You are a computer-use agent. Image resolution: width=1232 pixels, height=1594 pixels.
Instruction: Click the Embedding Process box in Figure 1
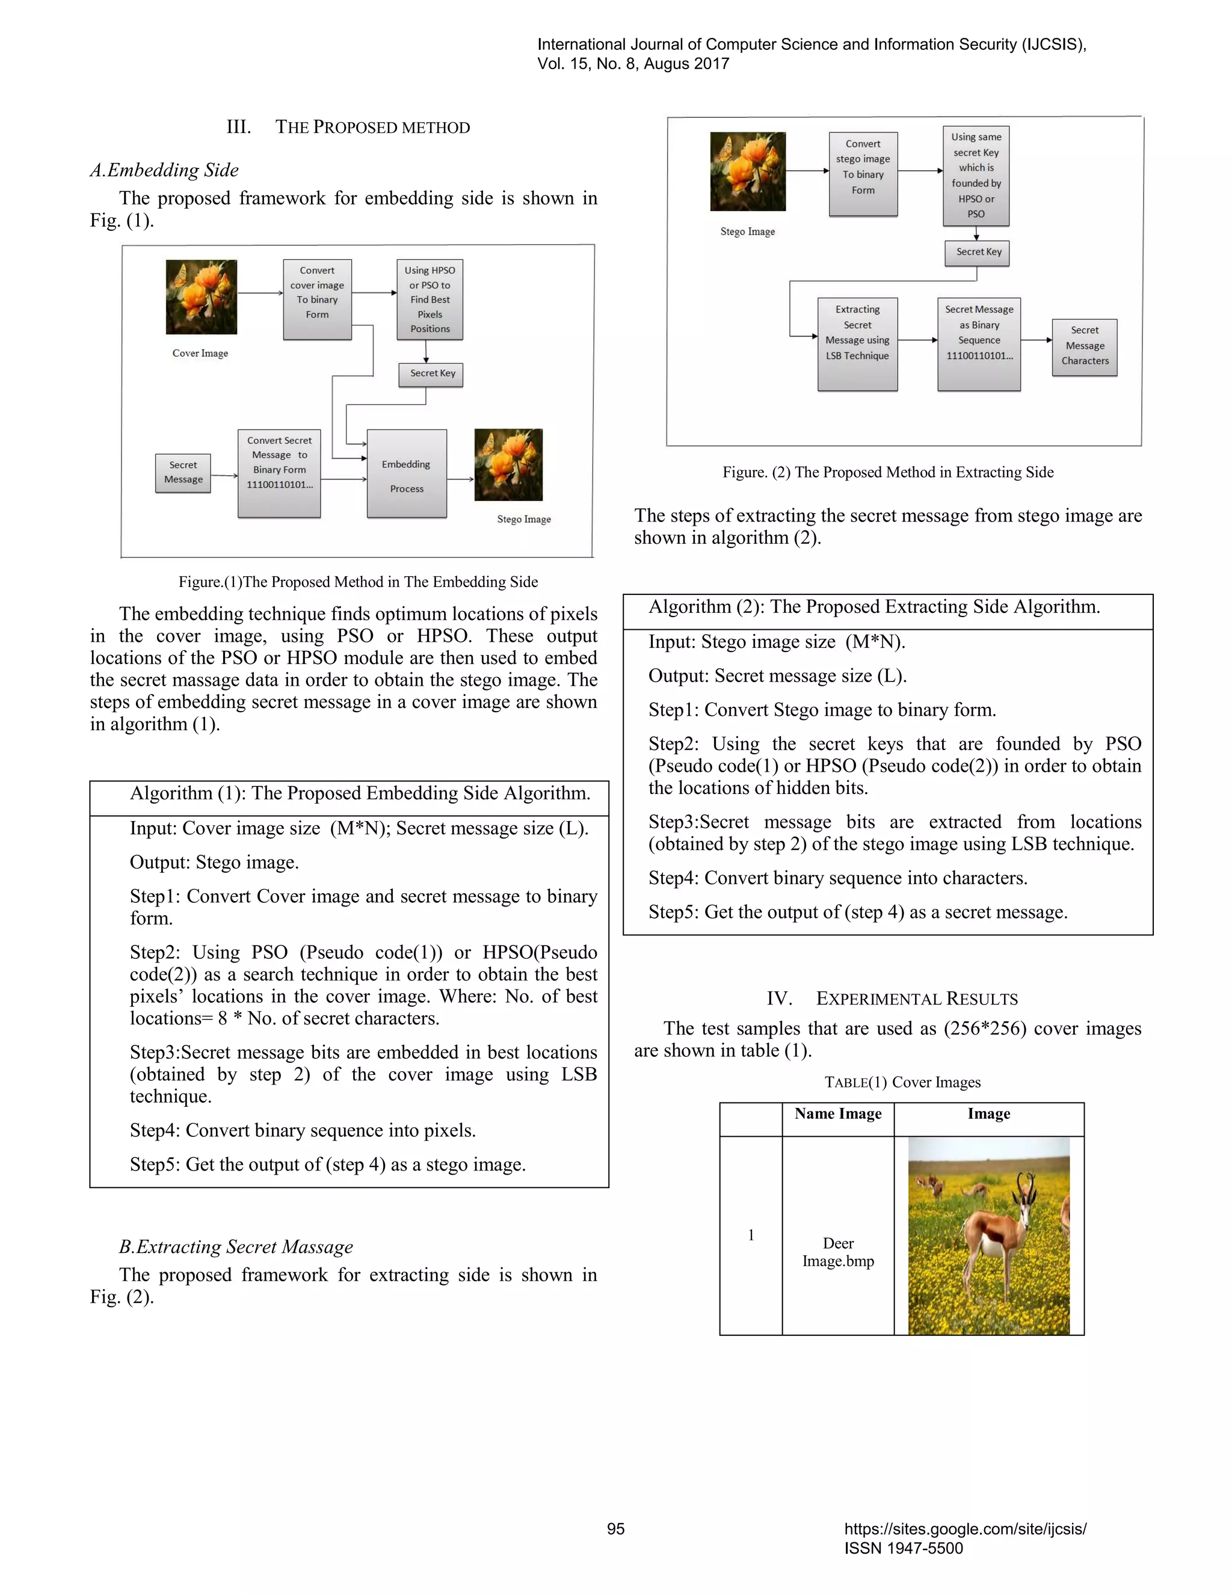pyautogui.click(x=407, y=475)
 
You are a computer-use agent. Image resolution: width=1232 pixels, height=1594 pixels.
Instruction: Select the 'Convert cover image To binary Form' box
pyautogui.click(x=317, y=299)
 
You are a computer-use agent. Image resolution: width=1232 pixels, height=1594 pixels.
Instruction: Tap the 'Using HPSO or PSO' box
pyautogui.click(x=430, y=299)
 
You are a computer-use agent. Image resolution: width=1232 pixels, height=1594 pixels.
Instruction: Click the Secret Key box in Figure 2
pyautogui.click(x=978, y=253)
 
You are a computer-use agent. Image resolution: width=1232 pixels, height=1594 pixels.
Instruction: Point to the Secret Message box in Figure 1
pyautogui.click(x=183, y=473)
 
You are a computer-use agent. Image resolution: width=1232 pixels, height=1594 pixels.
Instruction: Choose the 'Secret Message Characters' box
pyautogui.click(x=1085, y=346)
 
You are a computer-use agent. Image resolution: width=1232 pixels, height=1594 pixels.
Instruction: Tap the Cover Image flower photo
pyautogui.click(x=202, y=297)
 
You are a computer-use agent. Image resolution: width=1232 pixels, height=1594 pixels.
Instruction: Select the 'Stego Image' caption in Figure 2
pyautogui.click(x=747, y=232)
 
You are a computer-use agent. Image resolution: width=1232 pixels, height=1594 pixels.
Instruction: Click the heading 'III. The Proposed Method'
pyautogui.click(x=348, y=128)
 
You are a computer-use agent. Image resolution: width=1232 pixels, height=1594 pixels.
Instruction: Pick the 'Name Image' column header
pyautogui.click(x=838, y=1114)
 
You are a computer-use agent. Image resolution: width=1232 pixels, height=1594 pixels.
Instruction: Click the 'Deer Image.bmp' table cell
pyautogui.click(x=838, y=1252)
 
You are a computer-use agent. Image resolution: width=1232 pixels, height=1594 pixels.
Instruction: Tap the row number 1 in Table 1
pyautogui.click(x=751, y=1235)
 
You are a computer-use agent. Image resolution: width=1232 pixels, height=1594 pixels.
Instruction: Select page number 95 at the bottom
pyautogui.click(x=616, y=1529)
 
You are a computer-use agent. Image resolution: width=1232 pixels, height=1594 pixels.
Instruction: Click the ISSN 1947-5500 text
pyautogui.click(x=904, y=1549)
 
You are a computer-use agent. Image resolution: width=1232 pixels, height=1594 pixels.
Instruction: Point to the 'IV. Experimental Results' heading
pyautogui.click(x=892, y=999)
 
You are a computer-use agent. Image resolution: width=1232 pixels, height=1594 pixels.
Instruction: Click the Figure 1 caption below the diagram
pyautogui.click(x=359, y=582)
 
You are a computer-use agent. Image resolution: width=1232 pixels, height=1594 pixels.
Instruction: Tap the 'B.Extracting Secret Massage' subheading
pyautogui.click(x=236, y=1246)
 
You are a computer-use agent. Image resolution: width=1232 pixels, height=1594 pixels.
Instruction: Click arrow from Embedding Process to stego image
pyautogui.click(x=460, y=479)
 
